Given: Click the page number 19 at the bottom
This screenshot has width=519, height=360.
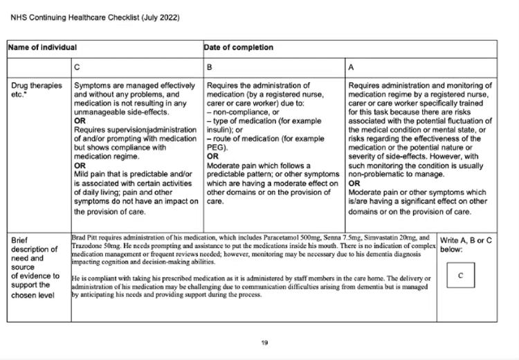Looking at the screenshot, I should (264, 342).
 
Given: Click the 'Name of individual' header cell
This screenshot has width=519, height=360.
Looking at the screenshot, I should (42, 48).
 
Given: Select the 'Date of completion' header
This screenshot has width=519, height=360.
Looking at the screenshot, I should (238, 48).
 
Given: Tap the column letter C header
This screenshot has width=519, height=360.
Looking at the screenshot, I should (77, 69).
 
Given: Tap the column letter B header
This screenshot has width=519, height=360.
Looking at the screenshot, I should (210, 69).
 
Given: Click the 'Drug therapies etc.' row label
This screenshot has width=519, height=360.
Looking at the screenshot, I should (27, 90).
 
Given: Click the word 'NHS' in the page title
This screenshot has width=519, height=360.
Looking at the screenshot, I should (18, 17).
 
